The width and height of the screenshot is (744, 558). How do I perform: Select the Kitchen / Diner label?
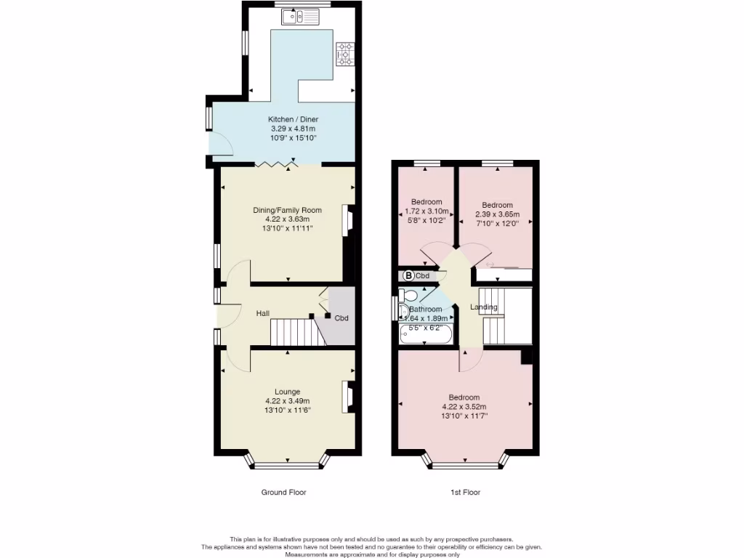coord(293,119)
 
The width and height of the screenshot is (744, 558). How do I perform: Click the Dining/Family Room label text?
coord(287,210)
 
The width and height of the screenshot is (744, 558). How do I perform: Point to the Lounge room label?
coord(287,392)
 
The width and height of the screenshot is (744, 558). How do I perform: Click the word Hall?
coord(263,313)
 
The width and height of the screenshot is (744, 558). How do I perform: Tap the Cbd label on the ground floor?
coord(341,318)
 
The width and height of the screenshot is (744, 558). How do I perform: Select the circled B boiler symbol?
coord(408,275)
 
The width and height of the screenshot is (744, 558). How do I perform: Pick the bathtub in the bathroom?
coord(426,336)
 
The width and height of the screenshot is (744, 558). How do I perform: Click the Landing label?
coord(484,307)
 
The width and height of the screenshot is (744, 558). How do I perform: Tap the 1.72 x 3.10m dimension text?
coord(426,211)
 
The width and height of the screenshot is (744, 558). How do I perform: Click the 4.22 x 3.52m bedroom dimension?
coord(464,407)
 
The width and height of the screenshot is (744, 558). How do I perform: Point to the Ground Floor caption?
coord(283,492)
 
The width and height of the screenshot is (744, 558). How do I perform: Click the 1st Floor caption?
coord(465,492)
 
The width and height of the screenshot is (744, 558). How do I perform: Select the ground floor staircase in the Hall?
coord(295,333)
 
